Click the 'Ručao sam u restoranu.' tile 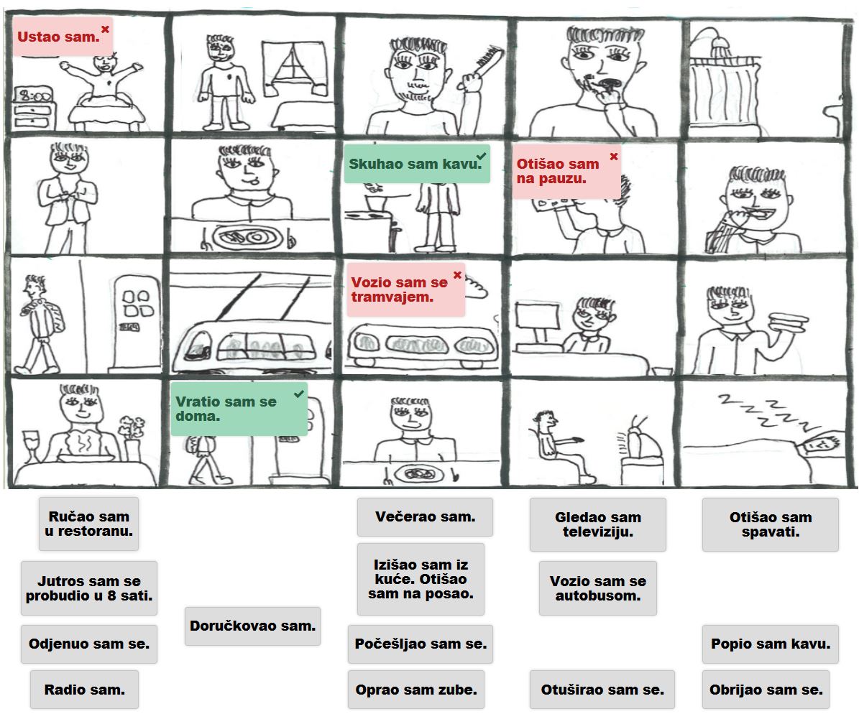(x=88, y=524)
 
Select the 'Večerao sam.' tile (x=425, y=517)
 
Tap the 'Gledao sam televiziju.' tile (x=597, y=525)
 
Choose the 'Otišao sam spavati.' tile (x=770, y=525)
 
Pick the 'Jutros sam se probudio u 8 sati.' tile (x=88, y=588)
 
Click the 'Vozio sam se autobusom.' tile (x=597, y=588)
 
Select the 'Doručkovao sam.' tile (x=252, y=626)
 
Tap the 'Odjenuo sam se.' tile (x=88, y=644)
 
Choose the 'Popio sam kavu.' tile (x=770, y=644)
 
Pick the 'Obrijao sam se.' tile (x=766, y=690)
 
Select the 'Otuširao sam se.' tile (x=602, y=690)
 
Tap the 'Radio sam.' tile (x=84, y=690)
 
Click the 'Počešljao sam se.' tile (x=421, y=644)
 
